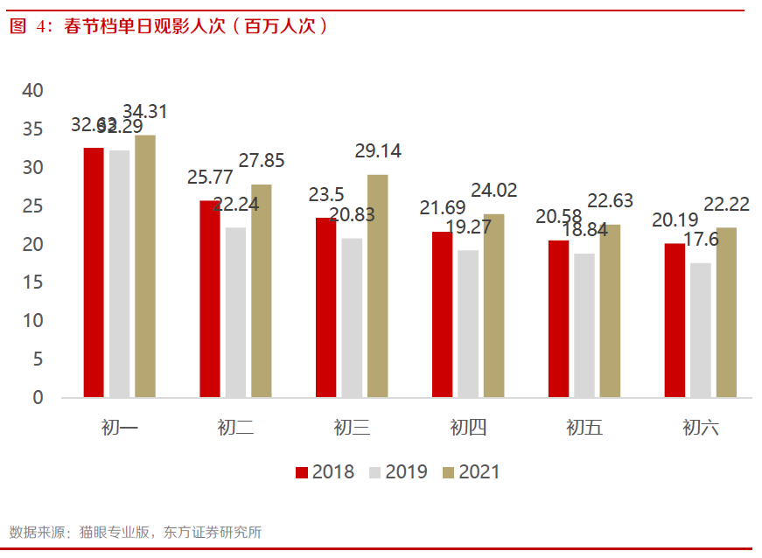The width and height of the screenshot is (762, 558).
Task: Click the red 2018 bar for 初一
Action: (94, 272)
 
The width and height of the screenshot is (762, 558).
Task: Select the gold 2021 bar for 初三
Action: (377, 286)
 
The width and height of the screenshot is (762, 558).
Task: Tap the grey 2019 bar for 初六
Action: (700, 330)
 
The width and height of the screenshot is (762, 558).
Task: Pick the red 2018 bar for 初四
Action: (442, 314)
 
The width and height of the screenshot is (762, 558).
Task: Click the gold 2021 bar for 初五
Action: (610, 310)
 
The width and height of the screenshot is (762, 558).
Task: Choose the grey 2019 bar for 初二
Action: (234, 312)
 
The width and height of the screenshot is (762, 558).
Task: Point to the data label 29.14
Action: (378, 151)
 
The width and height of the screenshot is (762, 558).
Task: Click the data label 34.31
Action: (145, 112)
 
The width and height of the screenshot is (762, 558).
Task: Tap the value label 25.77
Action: (211, 177)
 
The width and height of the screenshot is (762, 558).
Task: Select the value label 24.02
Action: (493, 191)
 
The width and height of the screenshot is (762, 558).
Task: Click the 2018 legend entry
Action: (325, 472)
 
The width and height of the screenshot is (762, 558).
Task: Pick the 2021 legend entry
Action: (471, 472)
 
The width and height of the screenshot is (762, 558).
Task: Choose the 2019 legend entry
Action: (397, 472)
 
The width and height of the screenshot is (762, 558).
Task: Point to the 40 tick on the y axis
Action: (32, 90)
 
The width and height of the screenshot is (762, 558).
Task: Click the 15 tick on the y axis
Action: (32, 282)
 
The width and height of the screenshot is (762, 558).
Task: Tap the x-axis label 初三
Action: (352, 428)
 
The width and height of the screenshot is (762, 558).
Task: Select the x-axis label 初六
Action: (700, 428)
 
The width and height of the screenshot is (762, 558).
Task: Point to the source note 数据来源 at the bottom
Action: (136, 532)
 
